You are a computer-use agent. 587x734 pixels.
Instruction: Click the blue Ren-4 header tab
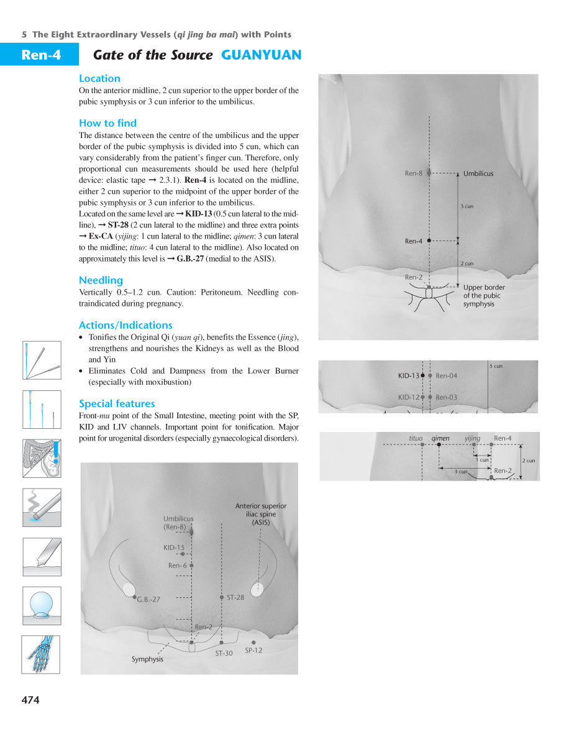point(40,55)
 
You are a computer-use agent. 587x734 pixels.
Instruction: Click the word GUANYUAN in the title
point(261,55)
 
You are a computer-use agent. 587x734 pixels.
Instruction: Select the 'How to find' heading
point(107,123)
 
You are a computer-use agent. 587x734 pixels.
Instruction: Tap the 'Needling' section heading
point(101,280)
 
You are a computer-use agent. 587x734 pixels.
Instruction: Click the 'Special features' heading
point(117,404)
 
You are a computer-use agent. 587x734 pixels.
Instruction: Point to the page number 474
point(30,700)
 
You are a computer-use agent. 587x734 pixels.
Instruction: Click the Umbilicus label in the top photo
point(478,174)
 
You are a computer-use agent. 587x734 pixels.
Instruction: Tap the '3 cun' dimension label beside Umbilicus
point(467,206)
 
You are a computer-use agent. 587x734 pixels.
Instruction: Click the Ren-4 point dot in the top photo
point(429,240)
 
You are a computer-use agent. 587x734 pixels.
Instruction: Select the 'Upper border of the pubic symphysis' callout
point(483,296)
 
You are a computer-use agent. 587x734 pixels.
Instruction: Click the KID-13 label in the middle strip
point(408,376)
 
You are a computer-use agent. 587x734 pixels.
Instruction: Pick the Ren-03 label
point(446,398)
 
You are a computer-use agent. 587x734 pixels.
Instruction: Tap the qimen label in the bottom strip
point(440,439)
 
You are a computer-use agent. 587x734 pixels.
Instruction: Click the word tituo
point(416,439)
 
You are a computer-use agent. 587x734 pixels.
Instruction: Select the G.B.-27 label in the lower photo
point(149,600)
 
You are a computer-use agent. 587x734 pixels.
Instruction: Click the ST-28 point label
point(235,598)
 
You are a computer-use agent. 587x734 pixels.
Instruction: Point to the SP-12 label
point(253,651)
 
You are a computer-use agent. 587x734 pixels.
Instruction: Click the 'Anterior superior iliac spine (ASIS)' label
point(261,515)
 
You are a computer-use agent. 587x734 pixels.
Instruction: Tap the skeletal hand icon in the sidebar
point(42,654)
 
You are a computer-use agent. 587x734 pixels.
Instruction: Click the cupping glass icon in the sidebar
point(42,605)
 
